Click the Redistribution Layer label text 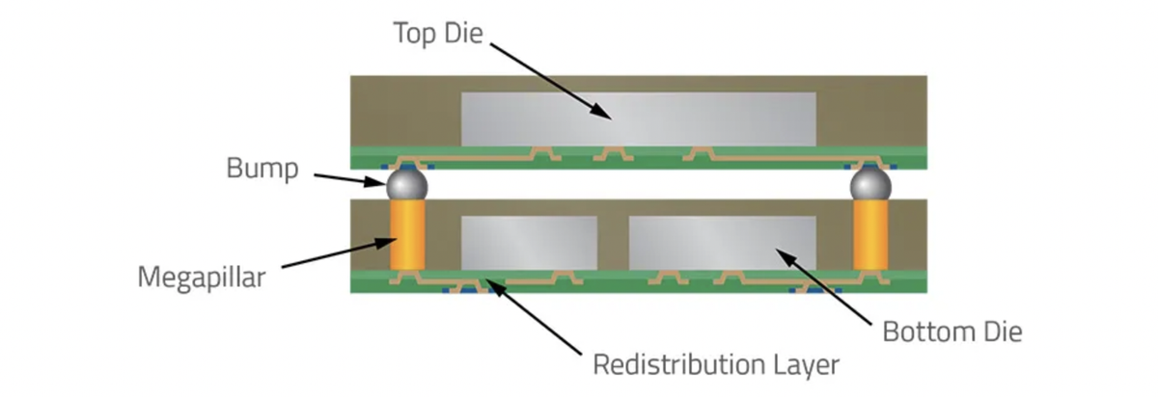click(x=715, y=365)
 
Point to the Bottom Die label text click(x=951, y=332)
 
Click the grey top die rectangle click(x=639, y=119)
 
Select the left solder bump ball click(x=407, y=184)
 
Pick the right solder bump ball click(x=869, y=184)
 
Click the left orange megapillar click(x=407, y=236)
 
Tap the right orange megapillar click(x=869, y=236)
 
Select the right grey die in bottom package click(x=722, y=243)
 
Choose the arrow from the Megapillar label click(x=331, y=257)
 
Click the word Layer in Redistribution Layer click(x=804, y=366)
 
